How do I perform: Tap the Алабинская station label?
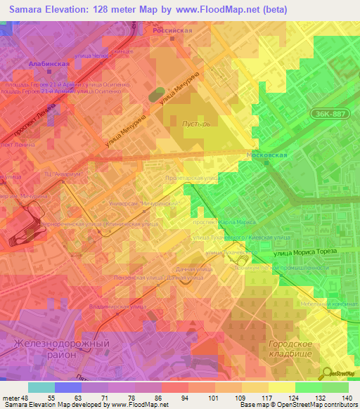49,63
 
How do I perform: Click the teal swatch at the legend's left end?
41,387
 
